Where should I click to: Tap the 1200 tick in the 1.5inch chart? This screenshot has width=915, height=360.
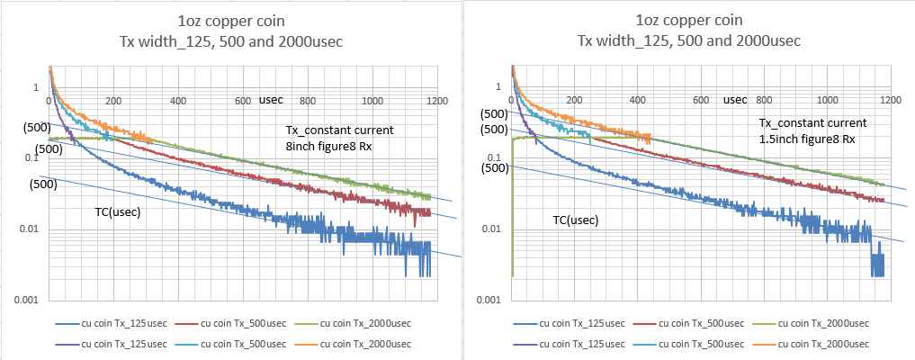coord(891,99)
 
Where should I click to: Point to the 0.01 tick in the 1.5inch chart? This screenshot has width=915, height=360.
coord(490,229)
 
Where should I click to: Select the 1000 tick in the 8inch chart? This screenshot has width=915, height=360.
coord(372,99)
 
